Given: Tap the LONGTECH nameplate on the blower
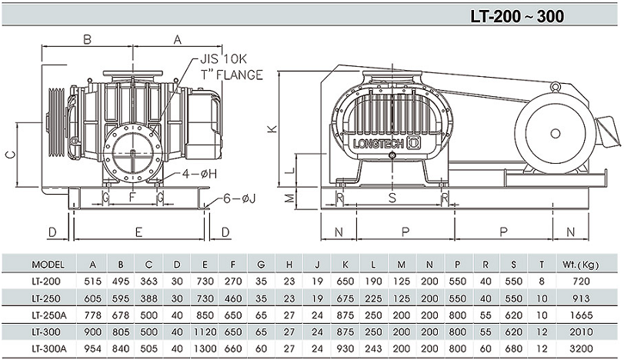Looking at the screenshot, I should (x=375, y=142).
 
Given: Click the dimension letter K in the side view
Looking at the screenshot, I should (x=271, y=129).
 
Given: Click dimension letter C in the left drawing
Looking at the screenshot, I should (x=10, y=155).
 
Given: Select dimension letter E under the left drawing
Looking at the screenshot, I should (x=138, y=232).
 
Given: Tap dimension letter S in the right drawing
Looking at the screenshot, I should (x=392, y=198).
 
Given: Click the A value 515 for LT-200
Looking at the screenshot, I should (x=92, y=281).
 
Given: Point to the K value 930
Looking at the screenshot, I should (x=346, y=348).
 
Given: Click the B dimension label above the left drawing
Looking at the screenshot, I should (x=88, y=38).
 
